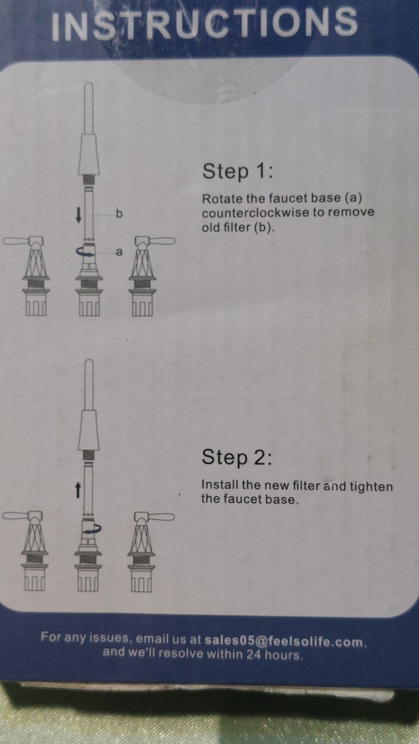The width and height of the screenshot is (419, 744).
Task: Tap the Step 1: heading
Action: tap(237, 171)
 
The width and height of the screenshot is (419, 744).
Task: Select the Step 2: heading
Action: tap(237, 457)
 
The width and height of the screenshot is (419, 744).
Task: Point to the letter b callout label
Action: tap(119, 214)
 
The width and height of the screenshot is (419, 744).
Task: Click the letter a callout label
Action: tap(118, 252)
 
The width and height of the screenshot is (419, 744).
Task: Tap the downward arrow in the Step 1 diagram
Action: tap(78, 216)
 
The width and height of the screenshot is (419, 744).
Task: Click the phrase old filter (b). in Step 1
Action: tap(238, 227)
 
